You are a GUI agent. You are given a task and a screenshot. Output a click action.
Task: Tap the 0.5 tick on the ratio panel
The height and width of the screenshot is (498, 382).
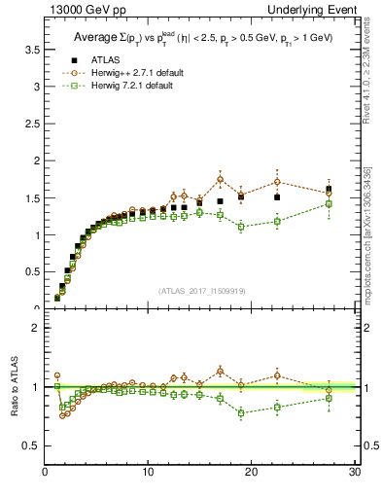pos(32,445)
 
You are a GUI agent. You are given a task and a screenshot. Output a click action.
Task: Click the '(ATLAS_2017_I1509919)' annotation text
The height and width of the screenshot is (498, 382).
pos(200,290)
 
